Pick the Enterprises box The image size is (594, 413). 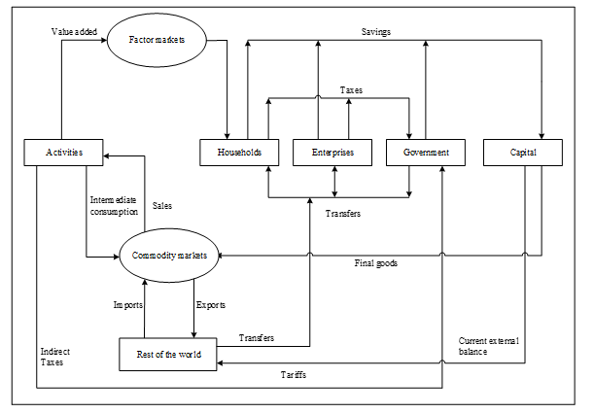click(x=332, y=153)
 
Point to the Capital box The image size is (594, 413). click(x=523, y=153)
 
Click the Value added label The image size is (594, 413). click(x=74, y=31)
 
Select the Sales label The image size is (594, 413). click(x=163, y=206)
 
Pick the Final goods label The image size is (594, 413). click(x=375, y=262)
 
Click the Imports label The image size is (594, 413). click(x=127, y=304)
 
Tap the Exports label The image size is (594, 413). click(x=211, y=304)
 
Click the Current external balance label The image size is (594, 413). click(x=488, y=346)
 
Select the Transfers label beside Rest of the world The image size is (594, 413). click(x=257, y=338)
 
